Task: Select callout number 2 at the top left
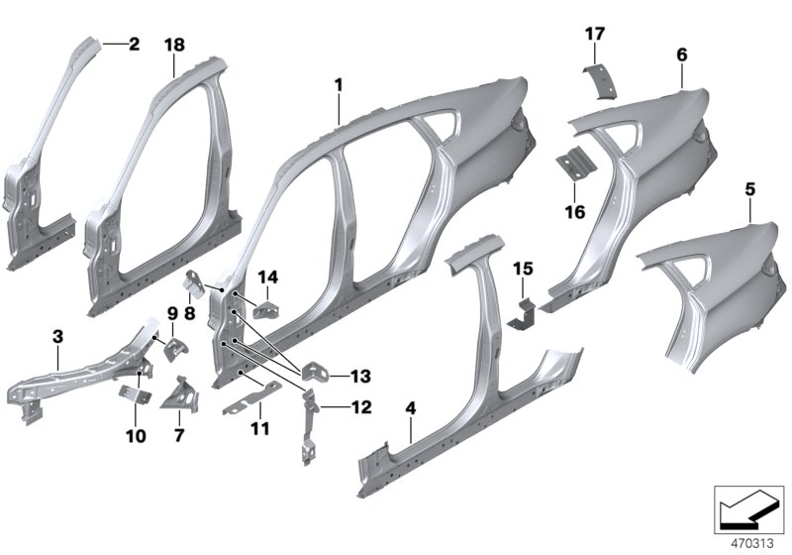133,44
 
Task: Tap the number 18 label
174,46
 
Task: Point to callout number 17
594,34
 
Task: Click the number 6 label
681,55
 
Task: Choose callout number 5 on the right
750,186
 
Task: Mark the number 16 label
575,212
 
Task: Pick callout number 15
523,269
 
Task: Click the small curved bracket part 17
598,83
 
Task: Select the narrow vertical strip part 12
307,424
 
